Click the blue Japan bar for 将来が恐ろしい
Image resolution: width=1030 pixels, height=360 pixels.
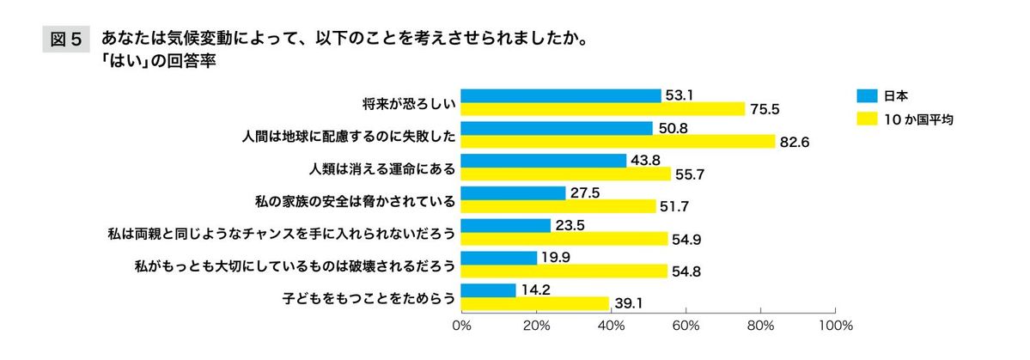[561, 95]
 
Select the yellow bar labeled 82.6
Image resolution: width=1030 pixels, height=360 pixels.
[619, 141]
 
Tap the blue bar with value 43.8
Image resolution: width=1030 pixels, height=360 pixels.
[544, 161]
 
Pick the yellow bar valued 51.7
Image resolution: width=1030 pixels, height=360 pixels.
[558, 206]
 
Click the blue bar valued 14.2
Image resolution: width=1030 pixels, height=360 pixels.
[488, 290]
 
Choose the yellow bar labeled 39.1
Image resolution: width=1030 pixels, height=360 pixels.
[534, 303]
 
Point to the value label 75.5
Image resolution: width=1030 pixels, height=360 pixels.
[765, 109]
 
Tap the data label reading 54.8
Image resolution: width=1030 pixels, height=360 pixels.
[686, 272]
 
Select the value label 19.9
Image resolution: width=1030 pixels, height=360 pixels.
[555, 258]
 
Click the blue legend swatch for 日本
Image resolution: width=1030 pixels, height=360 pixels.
[865, 95]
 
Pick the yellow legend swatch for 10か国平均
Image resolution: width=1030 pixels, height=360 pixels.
[865, 119]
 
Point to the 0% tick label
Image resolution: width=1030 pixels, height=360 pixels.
[461, 326]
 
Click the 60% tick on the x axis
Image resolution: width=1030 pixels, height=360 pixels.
[686, 326]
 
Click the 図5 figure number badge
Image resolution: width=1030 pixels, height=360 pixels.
[65, 40]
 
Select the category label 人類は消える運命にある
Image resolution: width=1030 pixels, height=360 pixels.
[381, 168]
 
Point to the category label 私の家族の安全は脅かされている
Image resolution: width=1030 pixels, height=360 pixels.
[355, 200]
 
